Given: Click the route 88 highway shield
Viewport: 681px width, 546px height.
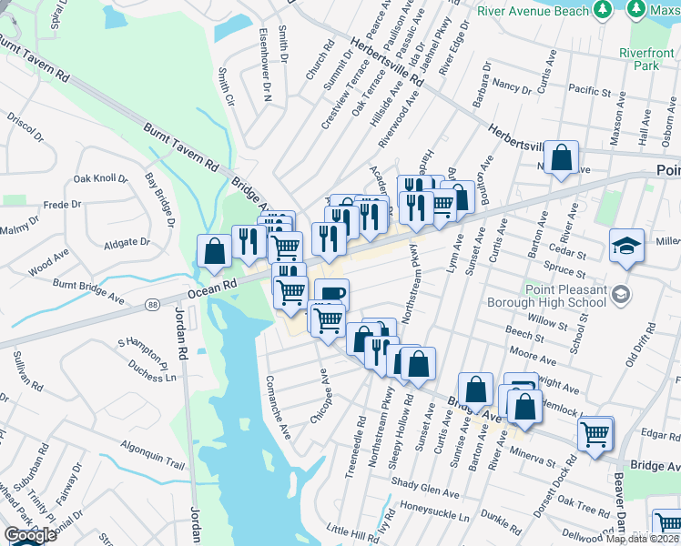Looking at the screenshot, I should tap(150, 302).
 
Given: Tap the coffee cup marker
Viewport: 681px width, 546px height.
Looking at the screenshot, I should tap(331, 294).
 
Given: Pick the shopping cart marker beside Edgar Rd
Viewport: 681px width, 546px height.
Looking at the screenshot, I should tap(595, 433).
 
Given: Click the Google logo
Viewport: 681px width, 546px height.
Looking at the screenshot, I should tap(30, 535).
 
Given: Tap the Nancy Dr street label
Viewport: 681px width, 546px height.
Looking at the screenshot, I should tap(512, 86).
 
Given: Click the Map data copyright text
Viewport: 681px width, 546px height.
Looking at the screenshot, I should tap(642, 539).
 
